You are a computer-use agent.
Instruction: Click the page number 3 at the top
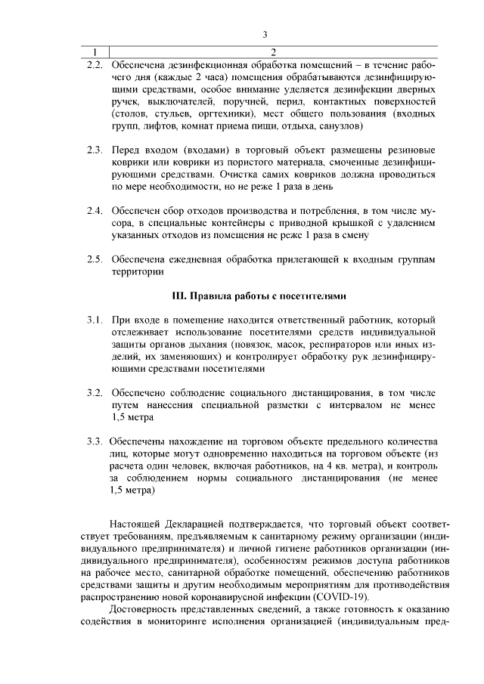click(x=265, y=34)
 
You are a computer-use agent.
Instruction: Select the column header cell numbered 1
click(x=95, y=52)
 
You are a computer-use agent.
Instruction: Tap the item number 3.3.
click(x=94, y=441)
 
